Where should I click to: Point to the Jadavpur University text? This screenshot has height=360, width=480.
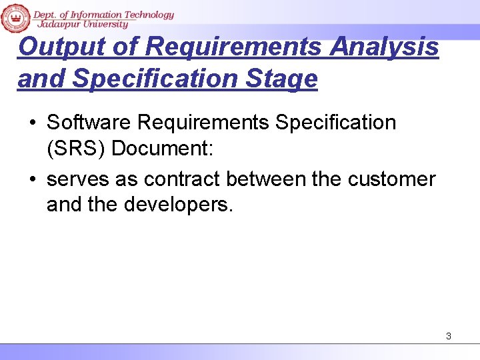pos(83,25)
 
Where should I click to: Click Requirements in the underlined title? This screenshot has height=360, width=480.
pos(235,47)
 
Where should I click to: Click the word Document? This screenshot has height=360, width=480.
pos(162,148)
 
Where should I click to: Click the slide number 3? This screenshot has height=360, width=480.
pos(449,336)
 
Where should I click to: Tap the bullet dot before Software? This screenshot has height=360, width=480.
pos(32,123)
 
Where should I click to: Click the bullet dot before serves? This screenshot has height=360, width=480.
pos(32,180)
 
